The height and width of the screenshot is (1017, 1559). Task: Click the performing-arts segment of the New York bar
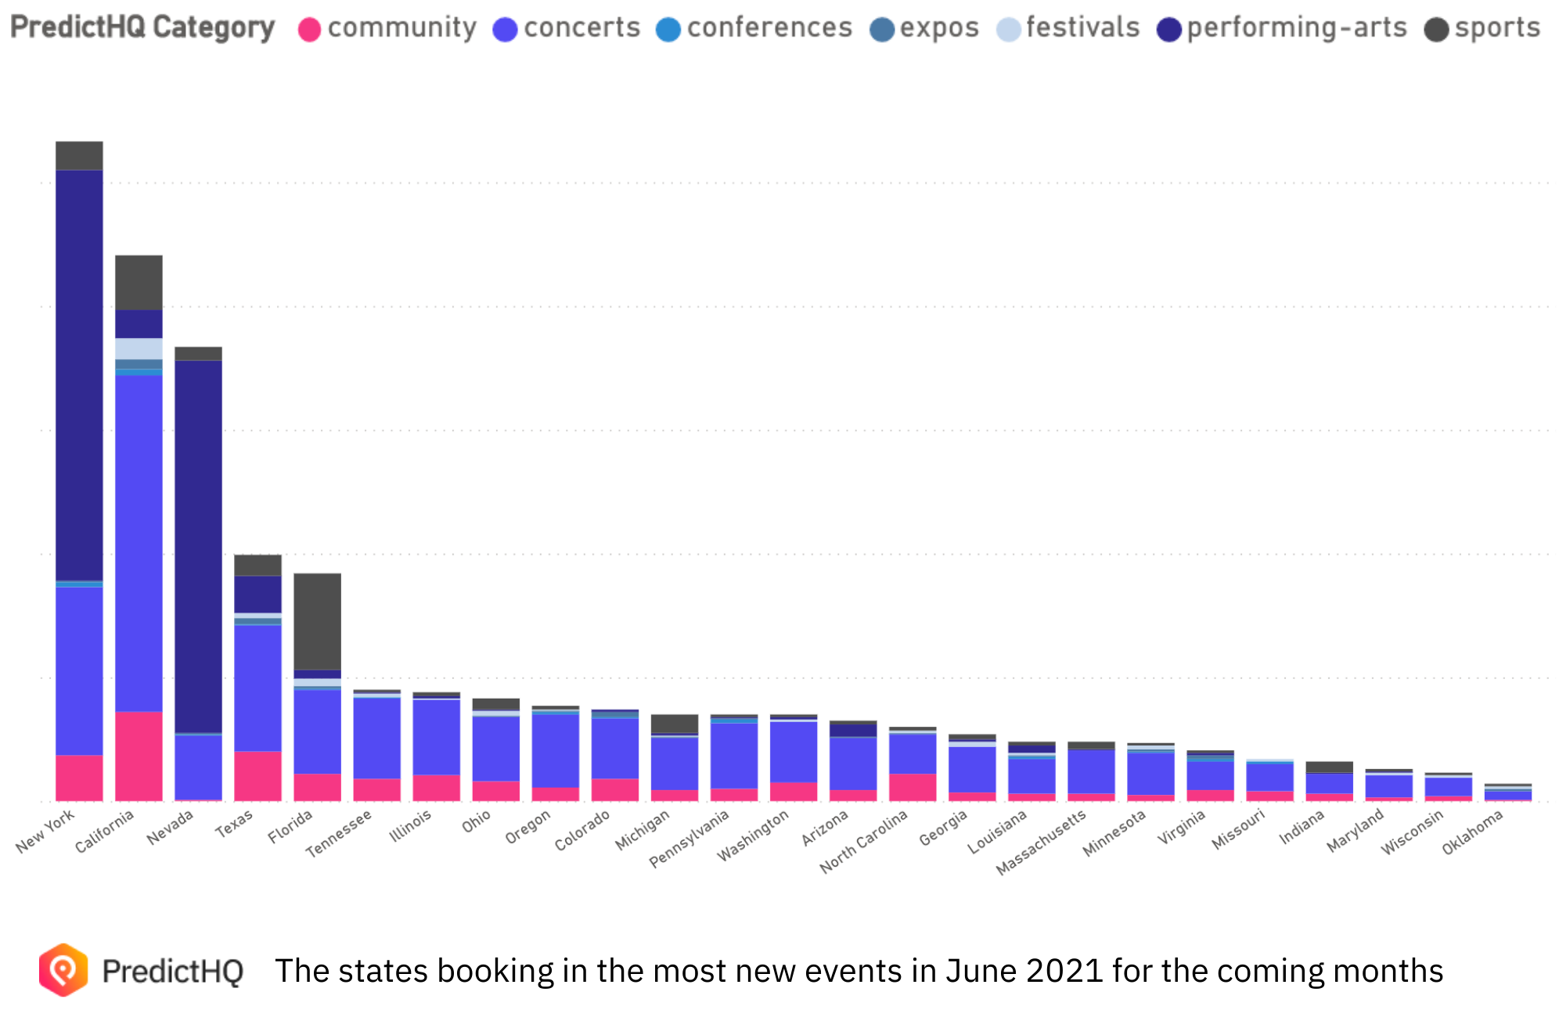(79, 376)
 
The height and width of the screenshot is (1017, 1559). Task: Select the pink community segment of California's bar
(139, 756)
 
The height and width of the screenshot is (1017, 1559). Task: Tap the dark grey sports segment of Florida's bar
(317, 621)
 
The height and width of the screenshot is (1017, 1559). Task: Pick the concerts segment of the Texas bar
(257, 688)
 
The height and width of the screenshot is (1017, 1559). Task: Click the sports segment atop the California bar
(139, 282)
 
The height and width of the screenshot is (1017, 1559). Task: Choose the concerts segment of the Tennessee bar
(376, 738)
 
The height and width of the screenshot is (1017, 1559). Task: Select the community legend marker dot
(310, 30)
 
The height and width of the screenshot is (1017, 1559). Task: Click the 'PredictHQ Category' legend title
(142, 27)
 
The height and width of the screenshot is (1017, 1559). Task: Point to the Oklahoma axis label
(1472, 832)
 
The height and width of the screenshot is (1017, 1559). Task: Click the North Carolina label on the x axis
(863, 842)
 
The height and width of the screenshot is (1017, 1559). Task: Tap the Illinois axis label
(410, 827)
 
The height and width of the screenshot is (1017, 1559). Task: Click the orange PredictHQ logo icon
(63, 970)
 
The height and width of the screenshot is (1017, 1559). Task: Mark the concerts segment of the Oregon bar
(555, 750)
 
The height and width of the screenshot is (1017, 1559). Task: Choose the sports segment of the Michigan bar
(674, 723)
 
